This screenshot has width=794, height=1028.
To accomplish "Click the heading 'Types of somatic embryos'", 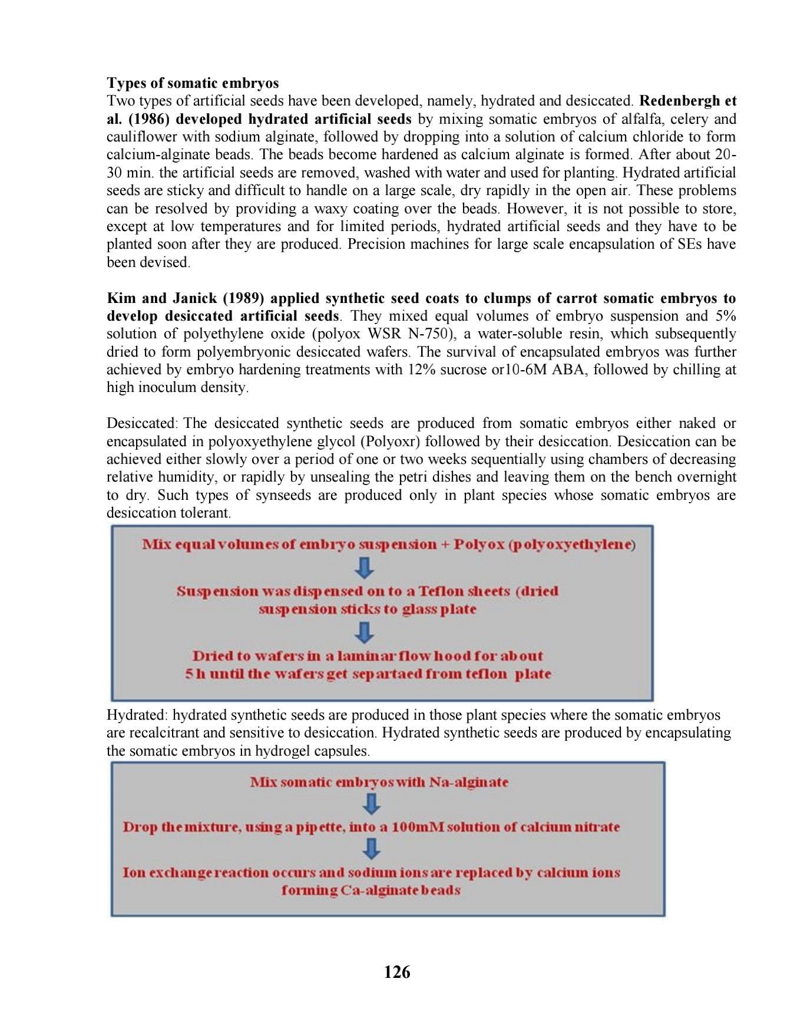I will click(193, 83).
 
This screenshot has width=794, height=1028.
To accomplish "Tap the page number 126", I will click(397, 972).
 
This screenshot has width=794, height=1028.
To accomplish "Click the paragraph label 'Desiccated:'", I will click(141, 423).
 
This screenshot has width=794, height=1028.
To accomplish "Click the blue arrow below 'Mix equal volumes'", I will click(365, 568).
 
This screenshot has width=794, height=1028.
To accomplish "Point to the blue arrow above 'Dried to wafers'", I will click(365, 632).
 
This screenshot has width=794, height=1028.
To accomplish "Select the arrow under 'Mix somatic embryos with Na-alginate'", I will click(372, 803).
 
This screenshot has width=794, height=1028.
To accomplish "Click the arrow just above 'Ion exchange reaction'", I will click(372, 849).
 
